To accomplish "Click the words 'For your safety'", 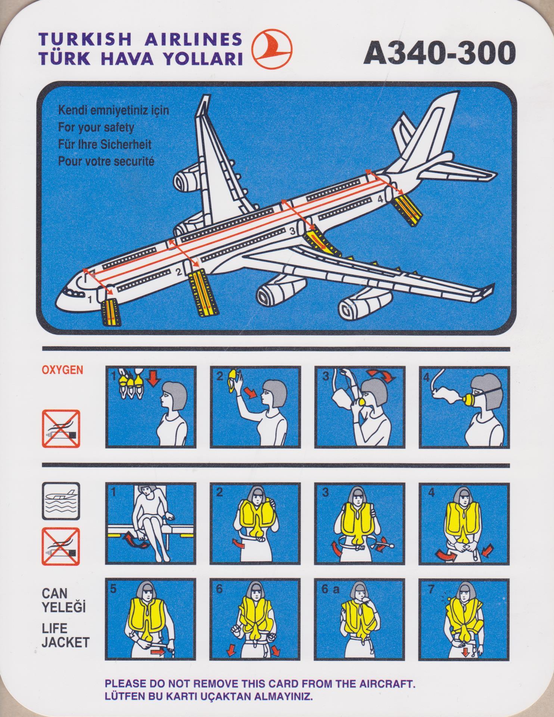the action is (96, 127).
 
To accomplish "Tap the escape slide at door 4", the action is (408, 210).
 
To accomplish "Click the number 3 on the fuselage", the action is (293, 231).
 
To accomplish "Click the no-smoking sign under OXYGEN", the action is (61, 429).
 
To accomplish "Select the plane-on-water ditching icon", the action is (61, 501).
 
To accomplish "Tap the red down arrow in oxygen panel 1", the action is (153, 379).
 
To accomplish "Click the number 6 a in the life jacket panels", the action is (331, 589).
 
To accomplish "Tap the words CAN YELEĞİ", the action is (63, 600).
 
